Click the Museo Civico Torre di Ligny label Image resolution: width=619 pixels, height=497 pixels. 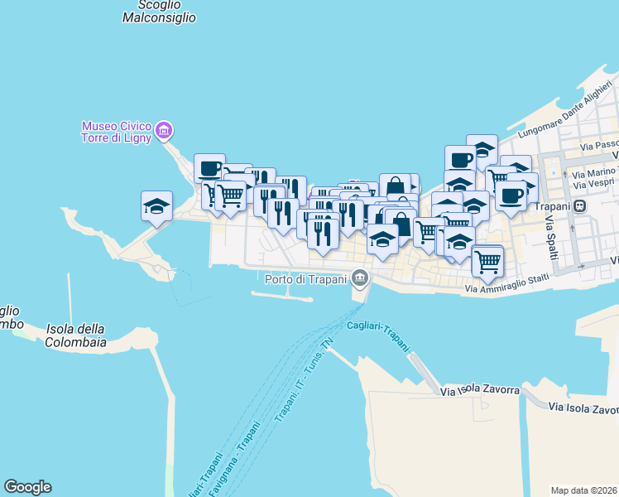click(x=116, y=132)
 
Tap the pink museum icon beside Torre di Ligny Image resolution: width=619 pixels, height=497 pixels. click(x=164, y=130)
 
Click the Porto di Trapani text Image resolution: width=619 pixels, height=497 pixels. click(x=305, y=278)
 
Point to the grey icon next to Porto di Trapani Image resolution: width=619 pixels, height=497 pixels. click(x=358, y=277)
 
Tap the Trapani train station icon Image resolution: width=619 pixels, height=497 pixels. click(x=581, y=206)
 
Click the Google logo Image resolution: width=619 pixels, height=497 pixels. click(x=27, y=487)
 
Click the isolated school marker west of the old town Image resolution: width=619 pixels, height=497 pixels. click(x=156, y=205)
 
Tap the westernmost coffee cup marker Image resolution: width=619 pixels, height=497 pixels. click(x=209, y=167)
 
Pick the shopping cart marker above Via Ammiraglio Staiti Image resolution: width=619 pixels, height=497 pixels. click(x=487, y=259)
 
